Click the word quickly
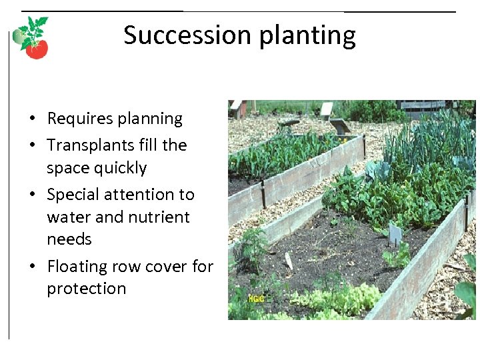coord(121,168)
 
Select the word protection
coord(86,289)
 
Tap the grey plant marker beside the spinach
coord(395,233)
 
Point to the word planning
coord(149,119)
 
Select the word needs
coord(69,239)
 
